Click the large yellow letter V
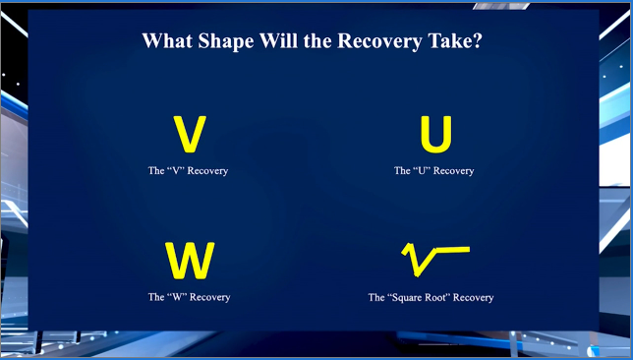tap(189, 135)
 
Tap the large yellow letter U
tap(435, 135)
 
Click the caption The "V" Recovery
tap(189, 171)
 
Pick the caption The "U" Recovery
tap(433, 171)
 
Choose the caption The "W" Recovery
tap(189, 297)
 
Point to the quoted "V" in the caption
tap(176, 171)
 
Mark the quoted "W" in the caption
tap(176, 297)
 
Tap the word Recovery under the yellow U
tap(454, 171)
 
